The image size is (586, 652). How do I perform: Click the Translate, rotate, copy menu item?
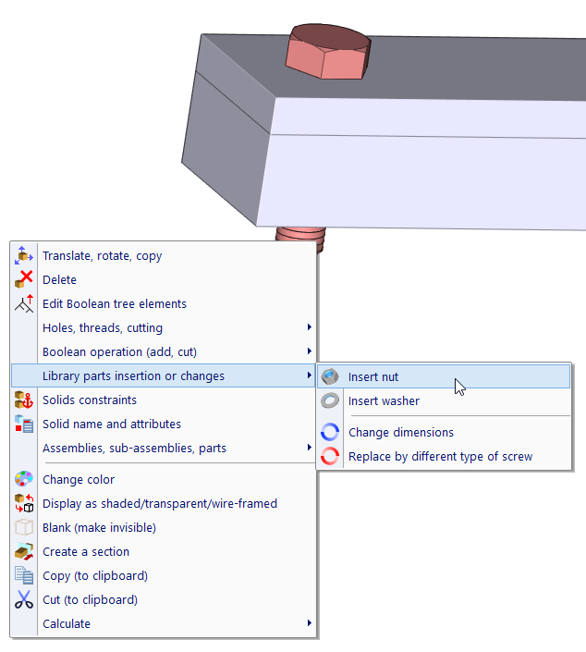(102, 256)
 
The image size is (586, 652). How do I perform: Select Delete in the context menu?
(59, 280)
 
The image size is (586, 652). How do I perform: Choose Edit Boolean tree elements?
(115, 304)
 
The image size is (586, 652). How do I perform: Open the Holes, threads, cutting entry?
(103, 328)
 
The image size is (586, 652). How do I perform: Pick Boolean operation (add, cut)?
(119, 352)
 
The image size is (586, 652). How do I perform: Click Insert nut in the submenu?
(373, 377)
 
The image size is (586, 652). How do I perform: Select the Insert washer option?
(384, 401)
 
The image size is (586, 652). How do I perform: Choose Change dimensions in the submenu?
(400, 433)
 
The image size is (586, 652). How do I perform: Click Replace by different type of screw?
(440, 457)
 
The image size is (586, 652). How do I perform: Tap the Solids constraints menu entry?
(90, 400)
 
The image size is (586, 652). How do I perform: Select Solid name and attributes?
(112, 424)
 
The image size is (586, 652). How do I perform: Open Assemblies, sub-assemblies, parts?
(134, 449)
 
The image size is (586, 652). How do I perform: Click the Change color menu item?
(79, 480)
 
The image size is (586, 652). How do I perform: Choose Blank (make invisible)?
(99, 528)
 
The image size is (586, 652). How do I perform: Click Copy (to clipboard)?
(95, 576)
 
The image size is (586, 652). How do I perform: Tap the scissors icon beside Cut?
(24, 600)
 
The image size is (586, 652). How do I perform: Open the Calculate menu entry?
(67, 624)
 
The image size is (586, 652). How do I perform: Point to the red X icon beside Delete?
(24, 280)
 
